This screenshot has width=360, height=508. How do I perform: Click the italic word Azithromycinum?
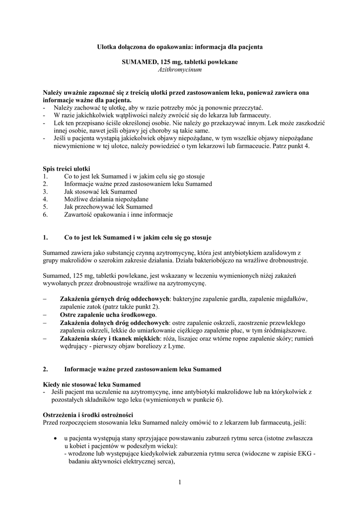(179, 70)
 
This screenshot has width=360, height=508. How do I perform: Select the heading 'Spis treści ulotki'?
(67, 169)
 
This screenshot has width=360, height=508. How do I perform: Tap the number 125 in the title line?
(167, 62)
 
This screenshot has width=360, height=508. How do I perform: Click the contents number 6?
(45, 215)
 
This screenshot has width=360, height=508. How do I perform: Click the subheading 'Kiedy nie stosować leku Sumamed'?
(92, 384)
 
